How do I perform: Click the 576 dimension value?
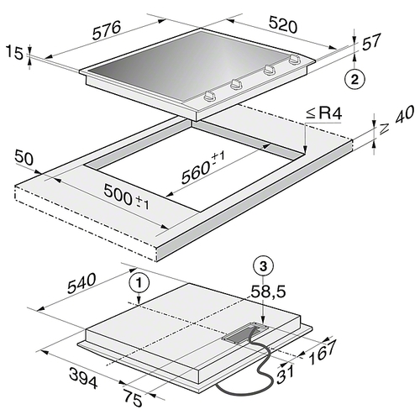click(x=107, y=29)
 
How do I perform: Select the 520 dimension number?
click(x=282, y=24)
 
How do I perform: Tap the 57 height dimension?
click(x=371, y=43)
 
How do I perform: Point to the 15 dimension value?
click(x=14, y=53)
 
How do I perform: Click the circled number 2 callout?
click(x=354, y=80)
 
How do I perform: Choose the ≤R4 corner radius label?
click(x=323, y=115)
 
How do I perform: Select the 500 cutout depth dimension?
click(x=127, y=197)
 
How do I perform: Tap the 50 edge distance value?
click(x=24, y=158)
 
